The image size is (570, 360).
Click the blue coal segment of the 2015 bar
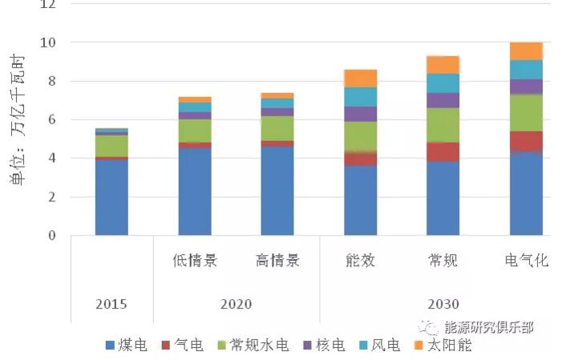(x=111, y=197)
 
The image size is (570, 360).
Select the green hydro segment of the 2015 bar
(x=111, y=146)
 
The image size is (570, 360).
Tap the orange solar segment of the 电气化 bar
(x=526, y=51)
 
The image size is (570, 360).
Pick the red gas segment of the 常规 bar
(x=443, y=152)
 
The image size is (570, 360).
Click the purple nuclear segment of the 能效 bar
(x=360, y=114)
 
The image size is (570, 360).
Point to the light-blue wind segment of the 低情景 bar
(x=195, y=107)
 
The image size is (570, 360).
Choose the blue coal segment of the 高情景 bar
(x=277, y=191)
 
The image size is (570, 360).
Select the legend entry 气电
(x=182, y=346)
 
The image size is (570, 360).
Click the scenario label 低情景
(x=195, y=261)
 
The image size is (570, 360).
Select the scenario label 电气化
(x=526, y=261)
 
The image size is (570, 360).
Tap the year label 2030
(x=443, y=304)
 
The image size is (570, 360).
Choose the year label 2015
(x=111, y=304)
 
